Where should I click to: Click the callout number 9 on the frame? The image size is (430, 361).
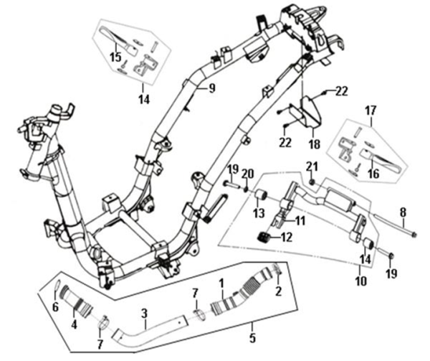(212, 88)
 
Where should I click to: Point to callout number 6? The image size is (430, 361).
(56, 307)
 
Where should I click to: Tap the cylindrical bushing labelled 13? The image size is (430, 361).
(261, 196)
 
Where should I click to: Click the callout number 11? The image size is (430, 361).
(301, 220)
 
